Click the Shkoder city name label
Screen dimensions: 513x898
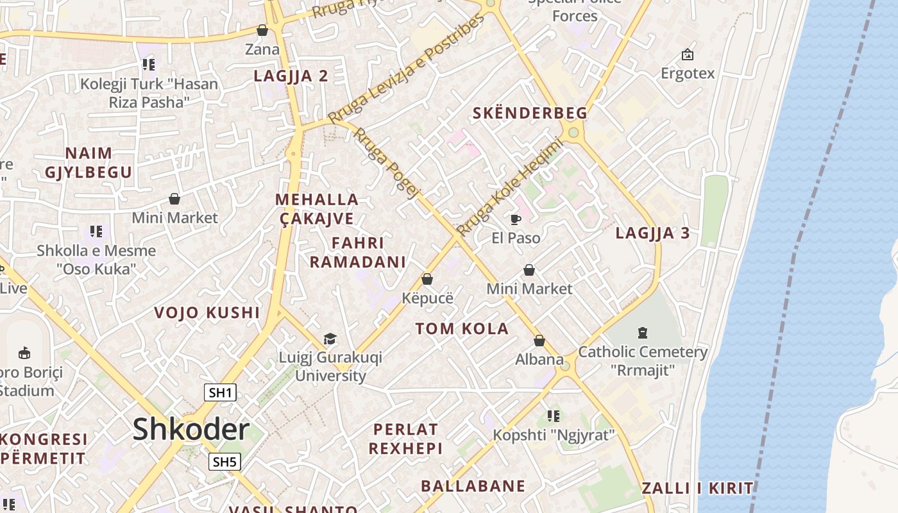coord(191,429)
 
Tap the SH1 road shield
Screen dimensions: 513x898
coord(220,392)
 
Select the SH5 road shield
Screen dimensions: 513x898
coord(224,462)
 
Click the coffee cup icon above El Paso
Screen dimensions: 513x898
coord(515,220)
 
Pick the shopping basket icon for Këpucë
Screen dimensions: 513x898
coord(427,280)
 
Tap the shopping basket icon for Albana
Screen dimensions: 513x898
coord(539,341)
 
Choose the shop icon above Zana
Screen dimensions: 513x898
coord(262,30)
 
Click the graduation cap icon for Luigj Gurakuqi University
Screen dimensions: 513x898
coord(330,339)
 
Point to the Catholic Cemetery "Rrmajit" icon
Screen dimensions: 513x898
coord(643,332)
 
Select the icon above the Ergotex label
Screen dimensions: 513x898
coord(688,55)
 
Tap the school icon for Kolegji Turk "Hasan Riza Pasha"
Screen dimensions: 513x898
coord(149,64)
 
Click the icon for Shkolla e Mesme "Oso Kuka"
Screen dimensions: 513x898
coord(96,231)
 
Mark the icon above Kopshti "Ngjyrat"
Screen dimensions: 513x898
coord(554,416)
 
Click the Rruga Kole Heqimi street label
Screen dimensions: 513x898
coord(509,187)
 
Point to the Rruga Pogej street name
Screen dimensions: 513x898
coord(387,163)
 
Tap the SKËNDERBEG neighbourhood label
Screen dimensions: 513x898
coord(530,114)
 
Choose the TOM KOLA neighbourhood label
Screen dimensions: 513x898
coord(462,329)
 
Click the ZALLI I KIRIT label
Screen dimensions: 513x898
coord(697,488)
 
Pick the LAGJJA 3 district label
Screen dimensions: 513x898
coord(652,233)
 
